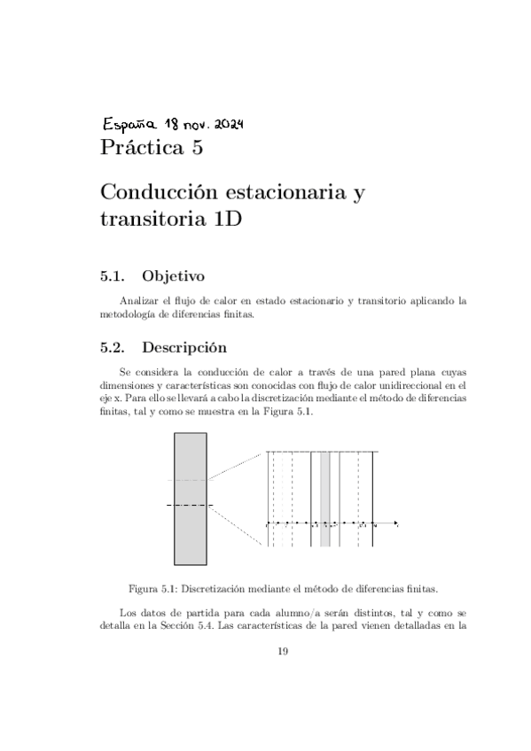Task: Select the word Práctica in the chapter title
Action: pyautogui.click(x=141, y=148)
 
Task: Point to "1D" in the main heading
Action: pyautogui.click(x=226, y=221)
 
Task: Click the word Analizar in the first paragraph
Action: pyautogui.click(x=137, y=302)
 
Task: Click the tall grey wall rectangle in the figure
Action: pyautogui.click(x=191, y=498)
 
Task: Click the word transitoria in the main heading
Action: pyautogui.click(x=151, y=221)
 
